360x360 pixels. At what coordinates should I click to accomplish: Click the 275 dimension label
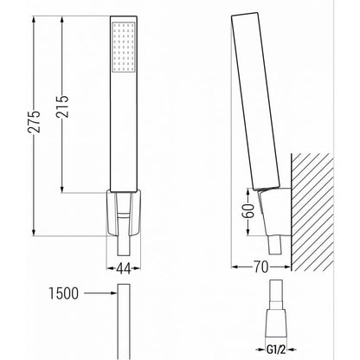34,121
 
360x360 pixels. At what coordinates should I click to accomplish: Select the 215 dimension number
62,106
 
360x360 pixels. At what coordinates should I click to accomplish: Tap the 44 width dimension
124,269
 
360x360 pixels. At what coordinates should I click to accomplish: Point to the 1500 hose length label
63,293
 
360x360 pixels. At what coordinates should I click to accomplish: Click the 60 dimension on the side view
248,210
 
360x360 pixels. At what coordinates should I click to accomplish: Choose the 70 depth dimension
260,267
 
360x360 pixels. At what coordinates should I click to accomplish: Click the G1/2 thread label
275,350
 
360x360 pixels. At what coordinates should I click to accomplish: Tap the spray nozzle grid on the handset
124,47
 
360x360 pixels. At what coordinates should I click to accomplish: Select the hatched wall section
312,212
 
